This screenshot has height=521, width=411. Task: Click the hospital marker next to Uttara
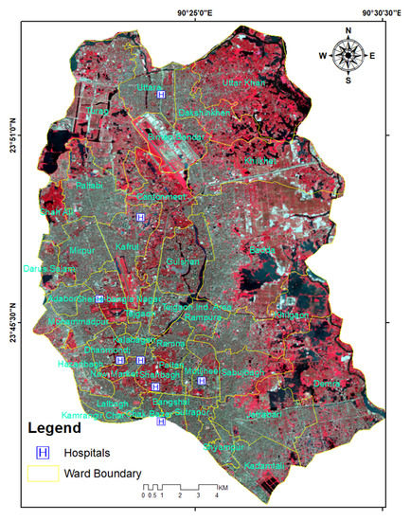click(162, 95)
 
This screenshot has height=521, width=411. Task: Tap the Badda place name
click(261, 250)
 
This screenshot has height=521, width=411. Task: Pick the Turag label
click(97, 112)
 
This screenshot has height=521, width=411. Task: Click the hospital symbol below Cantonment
click(141, 218)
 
